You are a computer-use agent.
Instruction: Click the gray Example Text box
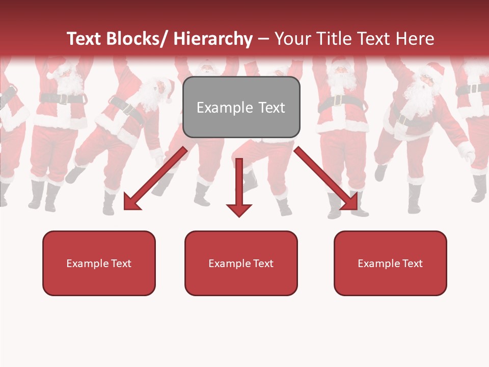(241, 107)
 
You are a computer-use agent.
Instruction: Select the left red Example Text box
(99, 263)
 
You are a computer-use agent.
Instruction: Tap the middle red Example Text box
(241, 263)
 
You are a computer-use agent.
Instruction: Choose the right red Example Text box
(390, 263)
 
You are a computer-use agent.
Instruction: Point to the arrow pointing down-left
(155, 178)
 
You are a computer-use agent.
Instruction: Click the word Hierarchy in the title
(213, 39)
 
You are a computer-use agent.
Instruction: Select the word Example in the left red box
(87, 263)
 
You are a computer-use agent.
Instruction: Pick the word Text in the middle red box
(262, 263)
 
